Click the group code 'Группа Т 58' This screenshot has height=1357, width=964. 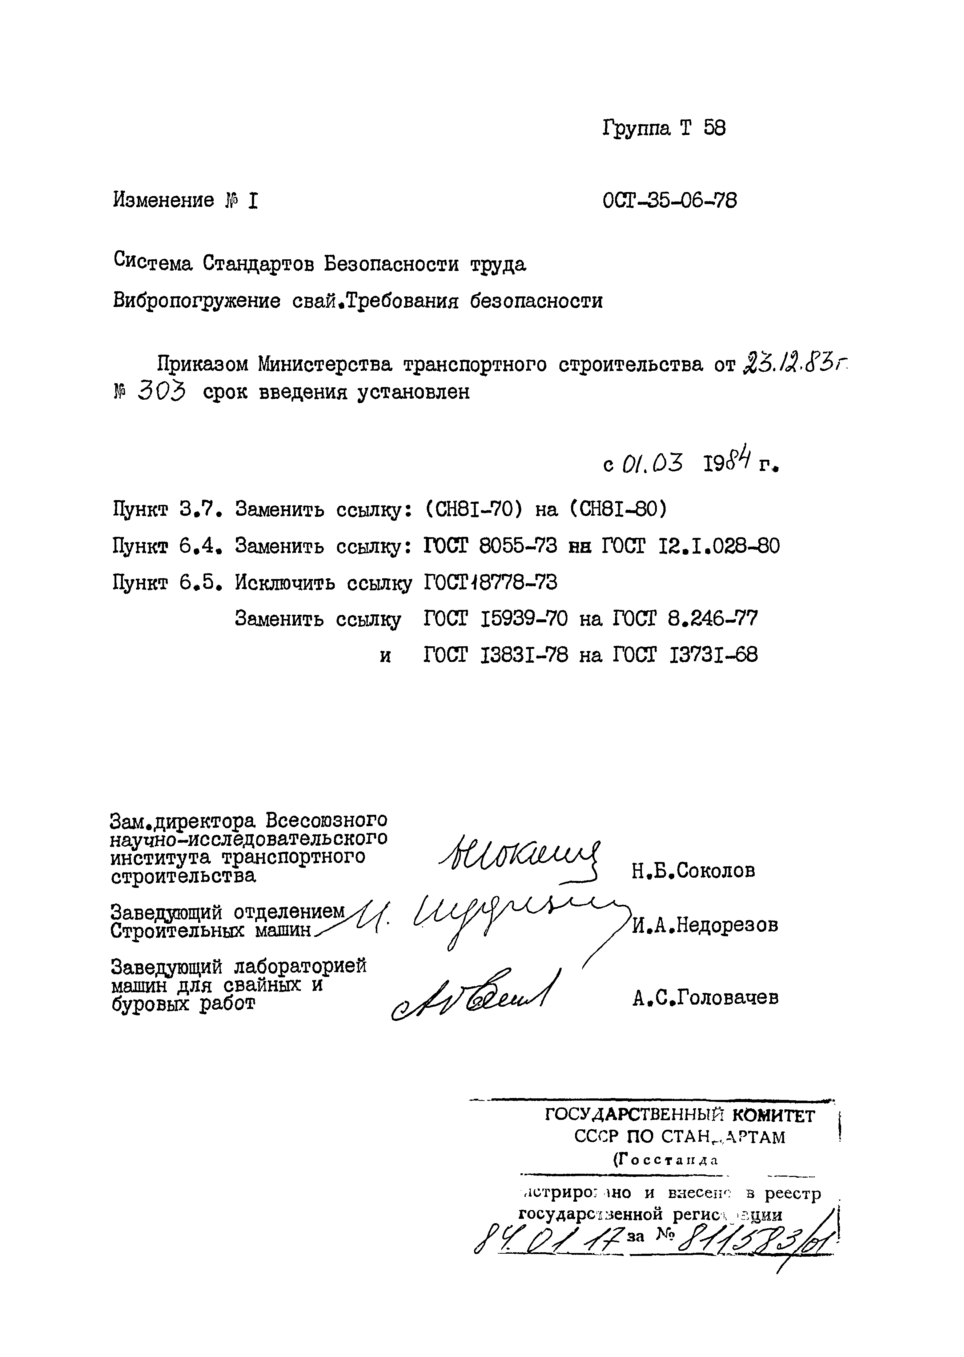(664, 128)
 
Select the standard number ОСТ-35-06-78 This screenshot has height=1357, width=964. (669, 201)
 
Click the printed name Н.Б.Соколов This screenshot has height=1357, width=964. (693, 871)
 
